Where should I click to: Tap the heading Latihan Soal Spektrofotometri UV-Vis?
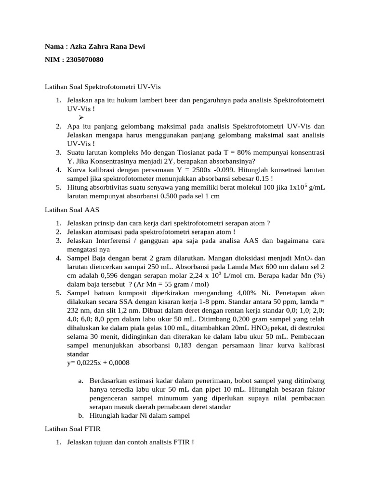click(x=102, y=87)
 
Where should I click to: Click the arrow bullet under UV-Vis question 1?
click(x=80, y=118)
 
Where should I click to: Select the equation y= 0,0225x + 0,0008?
click(x=98, y=363)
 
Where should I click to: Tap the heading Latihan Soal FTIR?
click(x=72, y=428)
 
